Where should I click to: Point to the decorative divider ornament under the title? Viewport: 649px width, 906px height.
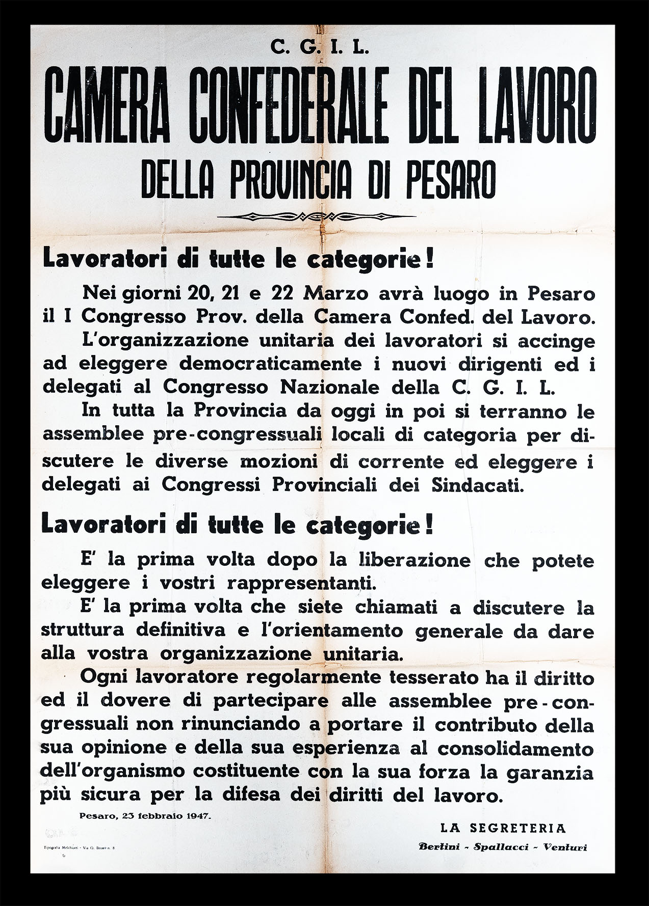pos(317,216)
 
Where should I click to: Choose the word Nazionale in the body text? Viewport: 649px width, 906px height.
pos(330,387)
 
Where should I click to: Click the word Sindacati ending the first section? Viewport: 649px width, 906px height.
pos(477,484)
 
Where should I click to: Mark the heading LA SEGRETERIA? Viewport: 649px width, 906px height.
pos(503,828)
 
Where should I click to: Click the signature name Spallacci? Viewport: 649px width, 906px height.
pos(502,847)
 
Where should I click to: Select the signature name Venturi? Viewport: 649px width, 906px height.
pos(565,847)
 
